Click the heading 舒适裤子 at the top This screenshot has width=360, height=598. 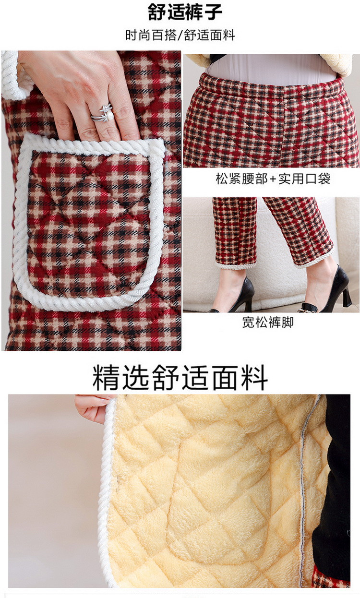[185, 12]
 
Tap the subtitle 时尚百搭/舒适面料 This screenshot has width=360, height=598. [180, 35]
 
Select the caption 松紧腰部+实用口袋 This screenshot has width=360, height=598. [273, 179]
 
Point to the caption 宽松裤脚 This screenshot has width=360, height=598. [268, 322]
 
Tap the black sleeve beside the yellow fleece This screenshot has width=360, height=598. [334, 480]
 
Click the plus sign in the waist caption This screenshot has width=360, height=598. [273, 179]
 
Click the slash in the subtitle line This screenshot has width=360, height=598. [180, 35]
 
